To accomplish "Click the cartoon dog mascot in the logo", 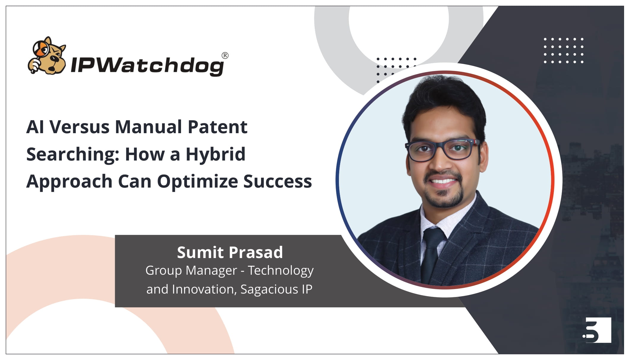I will [x=48, y=56].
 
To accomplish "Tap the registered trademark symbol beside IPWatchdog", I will [x=225, y=56].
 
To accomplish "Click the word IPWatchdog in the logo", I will [x=147, y=65].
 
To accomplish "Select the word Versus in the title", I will [x=79, y=127].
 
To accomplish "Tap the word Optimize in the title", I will [x=197, y=182].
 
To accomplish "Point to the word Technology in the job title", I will [x=281, y=271].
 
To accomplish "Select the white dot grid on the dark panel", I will [x=563, y=51].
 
